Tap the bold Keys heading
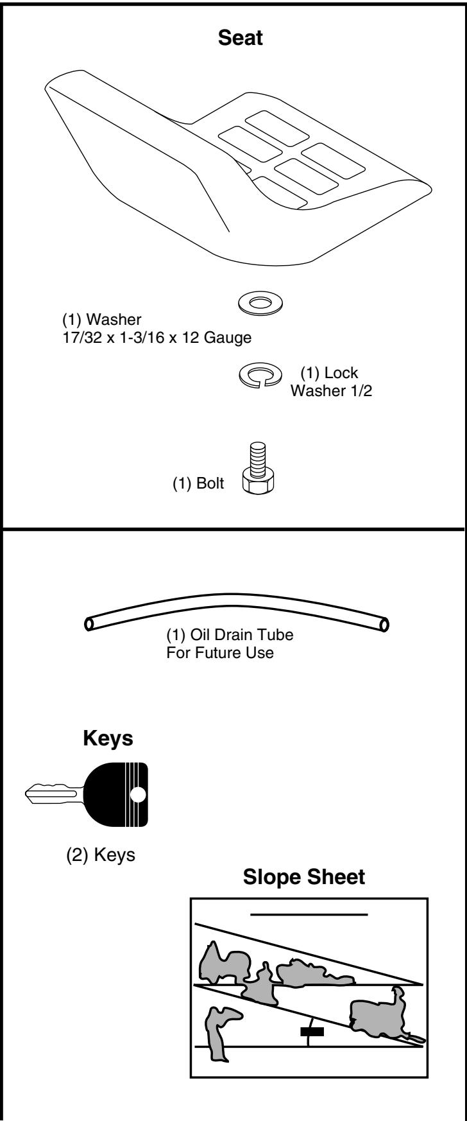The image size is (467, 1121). click(108, 738)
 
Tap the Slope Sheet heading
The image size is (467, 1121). click(304, 878)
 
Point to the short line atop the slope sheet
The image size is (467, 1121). click(309, 914)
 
